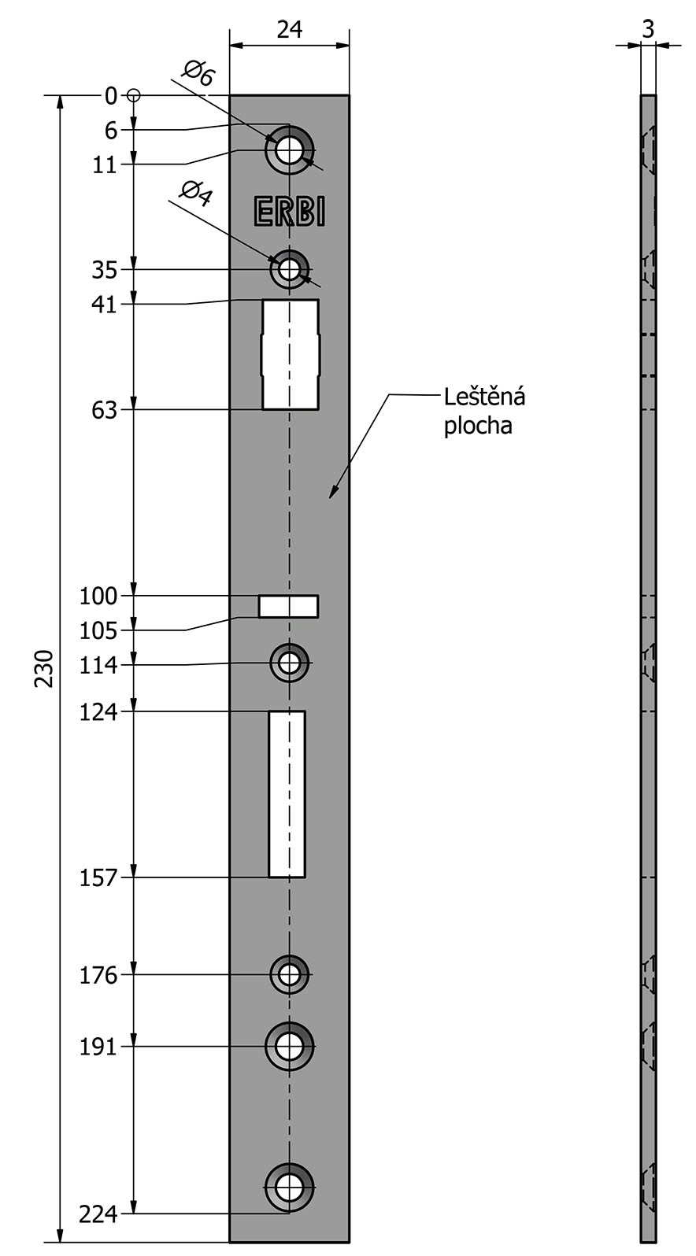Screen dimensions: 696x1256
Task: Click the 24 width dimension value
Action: coord(290,29)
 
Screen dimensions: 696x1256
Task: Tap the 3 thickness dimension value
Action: coord(648,29)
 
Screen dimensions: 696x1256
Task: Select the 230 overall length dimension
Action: coord(44,668)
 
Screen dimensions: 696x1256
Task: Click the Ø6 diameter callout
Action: coord(198,73)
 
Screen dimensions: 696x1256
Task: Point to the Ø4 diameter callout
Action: coord(196,193)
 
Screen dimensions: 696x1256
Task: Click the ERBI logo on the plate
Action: coord(290,212)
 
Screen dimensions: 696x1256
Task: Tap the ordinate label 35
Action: coord(104,270)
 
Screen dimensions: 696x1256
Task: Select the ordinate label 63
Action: coord(104,411)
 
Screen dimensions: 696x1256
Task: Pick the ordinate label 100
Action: coord(98,596)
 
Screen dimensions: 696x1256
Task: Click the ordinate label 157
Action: coord(98,878)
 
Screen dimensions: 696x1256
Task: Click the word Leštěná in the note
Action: coord(484,397)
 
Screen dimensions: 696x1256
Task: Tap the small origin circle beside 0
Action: coord(134,96)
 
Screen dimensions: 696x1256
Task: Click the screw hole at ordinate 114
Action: coord(290,663)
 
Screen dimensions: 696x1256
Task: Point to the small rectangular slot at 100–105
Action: coord(288,606)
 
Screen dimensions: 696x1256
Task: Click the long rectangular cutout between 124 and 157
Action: coord(287,794)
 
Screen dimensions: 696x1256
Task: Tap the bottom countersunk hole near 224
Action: coord(290,1187)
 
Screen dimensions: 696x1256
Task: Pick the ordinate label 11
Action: coord(104,164)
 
